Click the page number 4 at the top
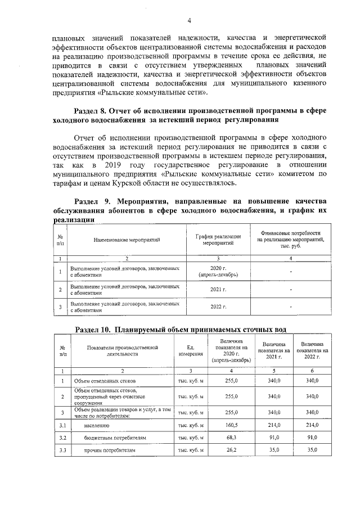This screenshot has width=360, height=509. click(x=189, y=21)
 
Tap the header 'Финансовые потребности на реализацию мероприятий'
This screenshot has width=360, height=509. click(x=290, y=240)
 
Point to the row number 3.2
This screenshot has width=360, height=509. click(x=63, y=437)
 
